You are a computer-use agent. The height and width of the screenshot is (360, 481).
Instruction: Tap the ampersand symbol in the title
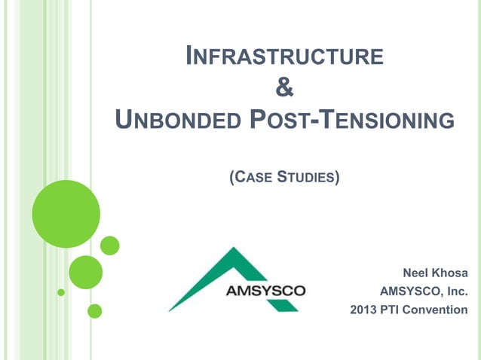[284, 89]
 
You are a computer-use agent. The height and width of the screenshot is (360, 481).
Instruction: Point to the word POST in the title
[280, 121]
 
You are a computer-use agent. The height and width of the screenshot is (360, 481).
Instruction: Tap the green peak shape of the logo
[226, 271]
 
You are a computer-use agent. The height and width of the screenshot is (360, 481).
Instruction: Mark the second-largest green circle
[85, 272]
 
